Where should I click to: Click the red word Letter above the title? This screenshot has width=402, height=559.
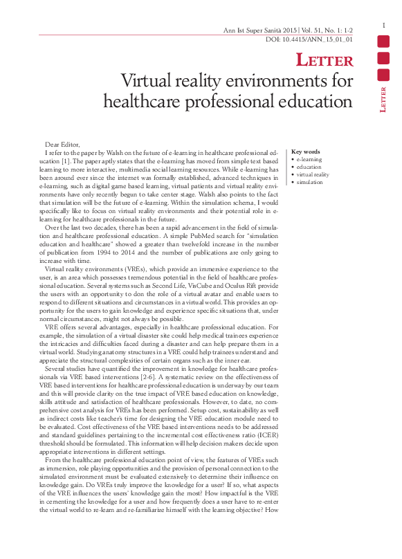pos(325,61)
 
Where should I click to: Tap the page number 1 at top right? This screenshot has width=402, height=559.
pos(383,26)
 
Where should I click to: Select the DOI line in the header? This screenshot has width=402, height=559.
pos(309,41)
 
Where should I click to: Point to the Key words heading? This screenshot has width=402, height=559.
pos(306,152)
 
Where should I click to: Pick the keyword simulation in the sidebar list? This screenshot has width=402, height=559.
pos(309,183)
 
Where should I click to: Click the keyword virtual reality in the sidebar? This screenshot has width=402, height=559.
pos(313,175)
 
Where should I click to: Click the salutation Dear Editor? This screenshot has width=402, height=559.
pos(62,143)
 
